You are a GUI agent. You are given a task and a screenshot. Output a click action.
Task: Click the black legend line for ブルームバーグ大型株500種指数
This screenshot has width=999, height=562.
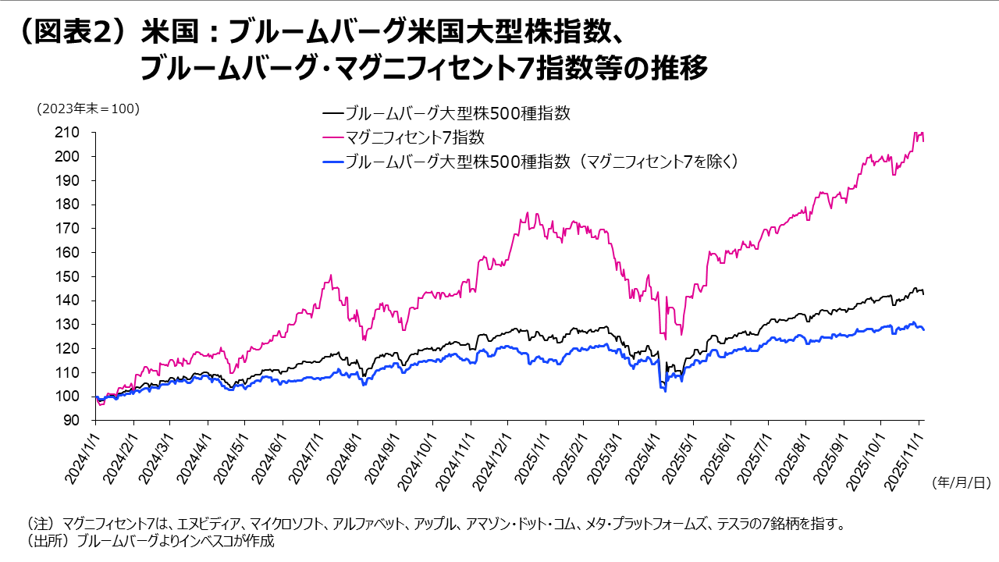click(x=332, y=114)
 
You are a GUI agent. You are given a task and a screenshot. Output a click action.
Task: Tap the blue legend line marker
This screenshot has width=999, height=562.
click(x=332, y=162)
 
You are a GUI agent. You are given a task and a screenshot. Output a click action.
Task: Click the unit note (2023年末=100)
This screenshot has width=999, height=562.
click(x=88, y=109)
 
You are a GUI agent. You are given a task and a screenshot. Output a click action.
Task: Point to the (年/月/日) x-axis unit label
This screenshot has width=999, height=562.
click(x=960, y=483)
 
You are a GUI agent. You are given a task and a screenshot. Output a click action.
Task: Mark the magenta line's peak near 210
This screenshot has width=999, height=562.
click(x=915, y=133)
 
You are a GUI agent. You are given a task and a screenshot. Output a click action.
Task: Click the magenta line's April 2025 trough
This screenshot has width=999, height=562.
click(x=664, y=338)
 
